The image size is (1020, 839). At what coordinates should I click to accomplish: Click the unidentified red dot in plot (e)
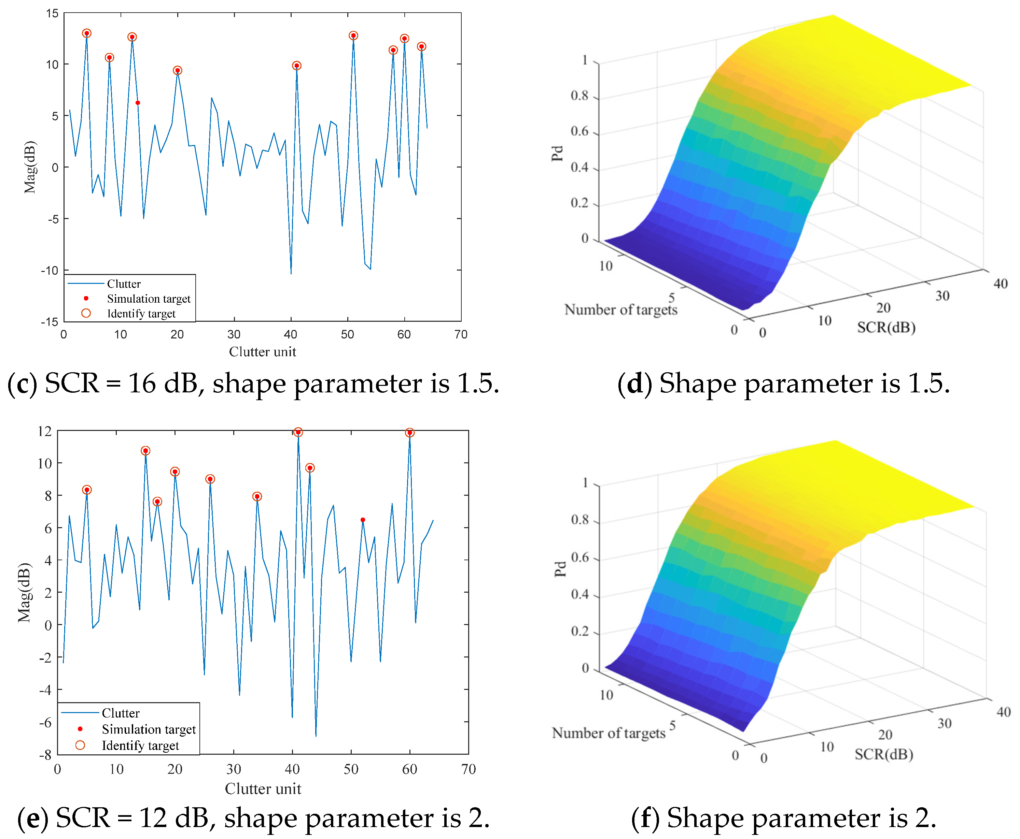click(363, 520)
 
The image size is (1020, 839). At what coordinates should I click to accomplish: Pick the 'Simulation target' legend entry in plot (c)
click(149, 299)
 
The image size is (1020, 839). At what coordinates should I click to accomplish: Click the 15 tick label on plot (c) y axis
click(52, 14)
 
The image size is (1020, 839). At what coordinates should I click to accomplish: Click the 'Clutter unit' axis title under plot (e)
click(263, 789)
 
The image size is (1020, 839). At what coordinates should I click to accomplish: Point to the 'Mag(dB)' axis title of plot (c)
click(30, 167)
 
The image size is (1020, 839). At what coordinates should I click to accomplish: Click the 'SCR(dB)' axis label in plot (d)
click(886, 328)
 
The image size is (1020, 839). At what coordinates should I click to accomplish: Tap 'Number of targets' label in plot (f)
click(609, 733)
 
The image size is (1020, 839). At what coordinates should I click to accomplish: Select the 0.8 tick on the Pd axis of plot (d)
click(579, 96)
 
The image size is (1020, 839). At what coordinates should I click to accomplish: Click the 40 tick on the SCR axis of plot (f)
click(1004, 712)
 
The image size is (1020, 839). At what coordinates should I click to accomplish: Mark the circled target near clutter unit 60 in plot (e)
click(410, 433)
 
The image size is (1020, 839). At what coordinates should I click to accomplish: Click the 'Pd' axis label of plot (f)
click(560, 569)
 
